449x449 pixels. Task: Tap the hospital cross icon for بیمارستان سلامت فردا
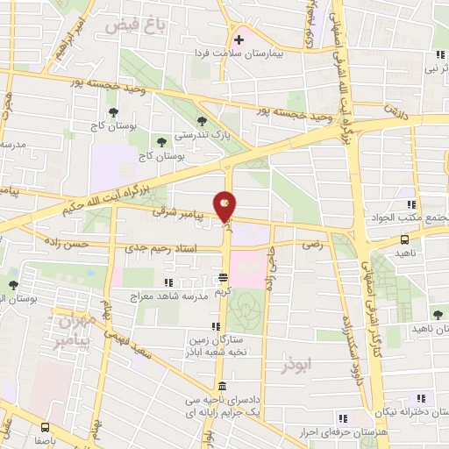[x=238, y=38]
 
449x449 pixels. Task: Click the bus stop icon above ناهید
[x=405, y=239]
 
